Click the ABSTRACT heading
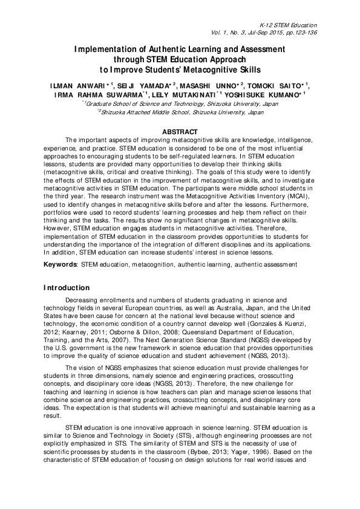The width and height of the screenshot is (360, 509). (x=180, y=131)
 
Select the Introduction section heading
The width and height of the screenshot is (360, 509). (x=67, y=287)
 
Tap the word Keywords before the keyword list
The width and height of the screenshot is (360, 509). (x=60, y=265)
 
